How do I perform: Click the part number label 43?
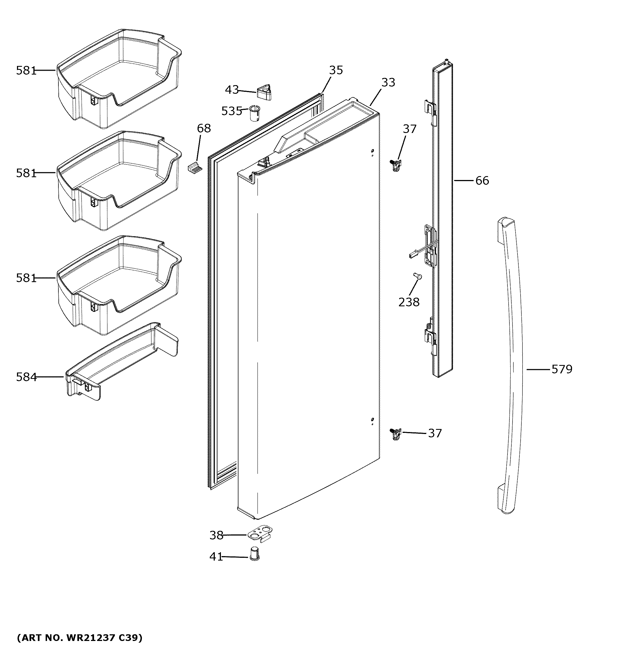pos(232,90)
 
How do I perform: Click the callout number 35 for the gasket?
pos(336,70)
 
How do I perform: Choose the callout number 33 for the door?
pos(388,82)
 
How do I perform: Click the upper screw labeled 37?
pos(395,165)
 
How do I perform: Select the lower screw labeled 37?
pos(395,434)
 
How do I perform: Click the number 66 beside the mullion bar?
pos(482,181)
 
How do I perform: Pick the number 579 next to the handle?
pos(562,369)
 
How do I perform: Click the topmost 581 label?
pos(26,70)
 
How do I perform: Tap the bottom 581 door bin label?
pos(26,278)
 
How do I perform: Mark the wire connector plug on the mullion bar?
pos(412,255)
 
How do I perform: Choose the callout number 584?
pos(26,377)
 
